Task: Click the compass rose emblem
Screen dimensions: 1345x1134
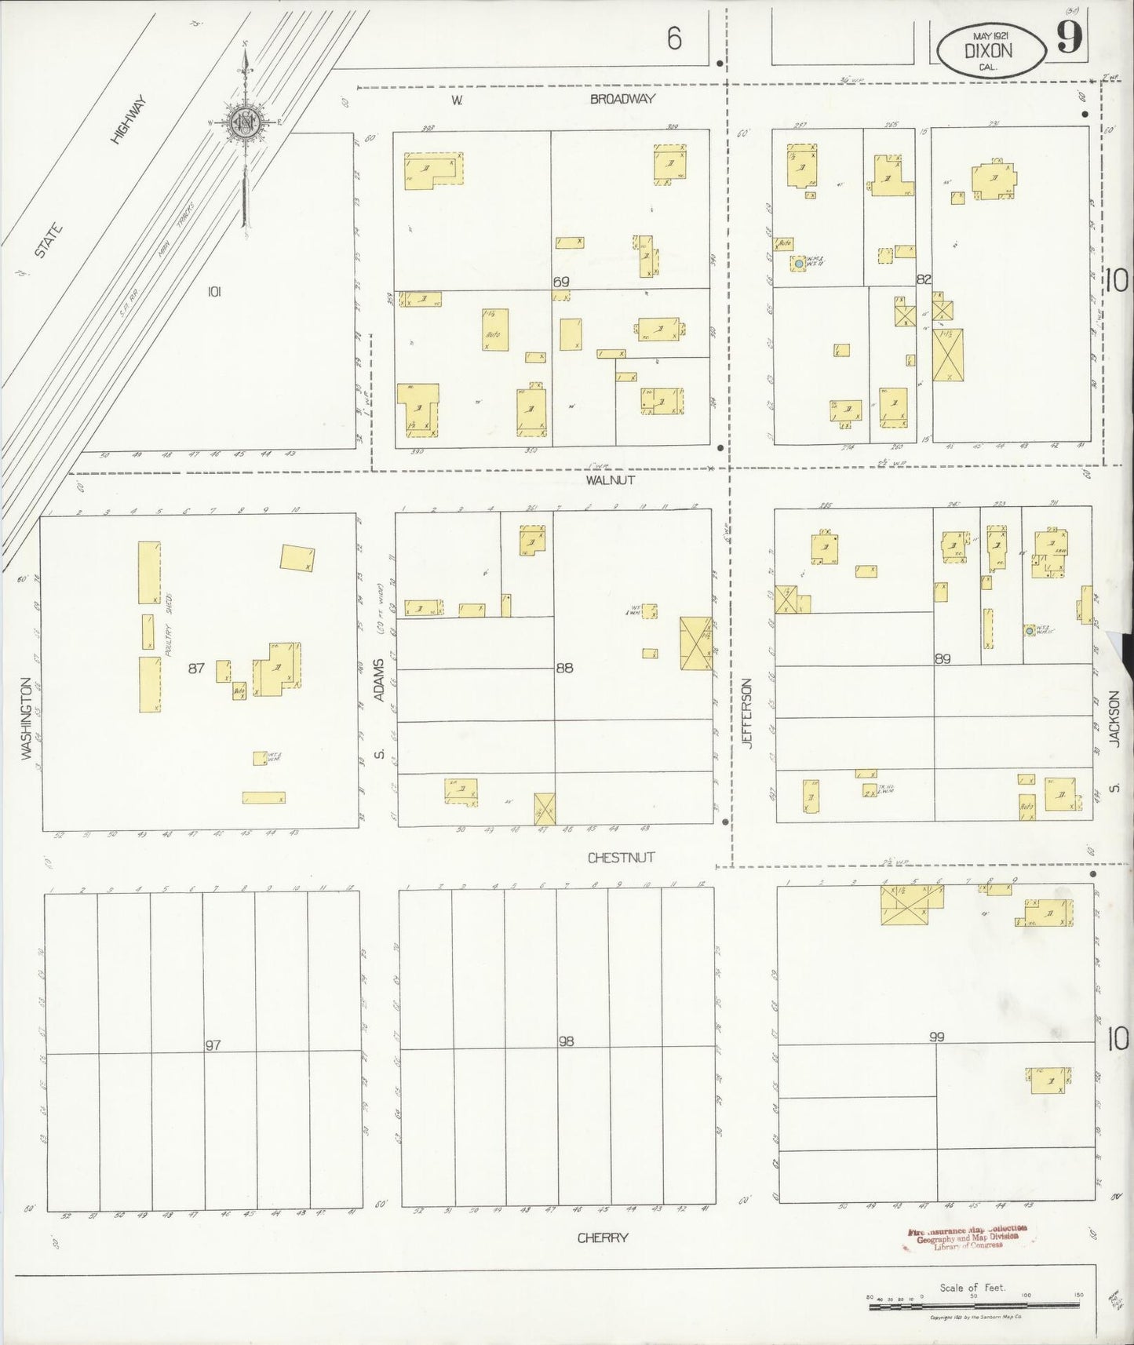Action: pos(245,123)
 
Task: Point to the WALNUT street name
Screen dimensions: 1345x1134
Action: pos(609,479)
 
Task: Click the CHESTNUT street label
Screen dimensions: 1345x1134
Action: pos(621,858)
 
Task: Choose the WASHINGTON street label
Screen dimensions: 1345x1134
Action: pos(27,718)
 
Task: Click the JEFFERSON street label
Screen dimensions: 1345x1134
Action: pos(747,713)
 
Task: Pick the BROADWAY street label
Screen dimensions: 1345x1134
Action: pos(622,100)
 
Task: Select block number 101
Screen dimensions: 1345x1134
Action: pos(214,292)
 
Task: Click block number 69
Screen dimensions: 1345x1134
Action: pos(560,282)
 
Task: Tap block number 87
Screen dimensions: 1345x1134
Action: pos(196,669)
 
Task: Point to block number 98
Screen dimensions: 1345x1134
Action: pos(566,1041)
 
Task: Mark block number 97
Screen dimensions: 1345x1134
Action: pos(212,1045)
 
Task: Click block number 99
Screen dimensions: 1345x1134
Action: pos(936,1037)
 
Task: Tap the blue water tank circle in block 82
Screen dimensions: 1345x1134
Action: pos(799,264)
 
